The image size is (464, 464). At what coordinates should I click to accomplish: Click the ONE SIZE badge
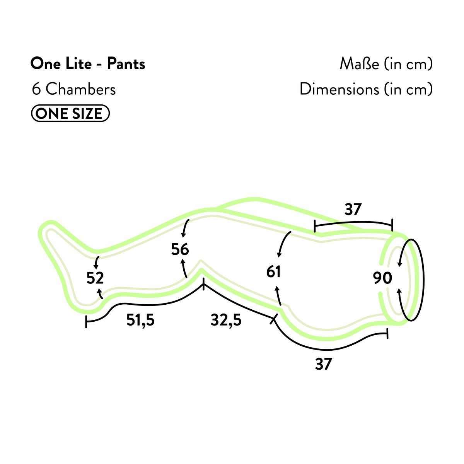70,113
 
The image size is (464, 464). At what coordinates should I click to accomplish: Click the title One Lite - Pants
88,64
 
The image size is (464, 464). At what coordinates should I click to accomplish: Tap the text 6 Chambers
74,89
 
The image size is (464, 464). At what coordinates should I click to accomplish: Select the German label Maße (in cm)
386,64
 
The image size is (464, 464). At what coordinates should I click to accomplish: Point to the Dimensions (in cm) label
366,89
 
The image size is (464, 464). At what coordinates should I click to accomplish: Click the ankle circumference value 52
95,278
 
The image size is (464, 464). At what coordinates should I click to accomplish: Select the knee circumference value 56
180,249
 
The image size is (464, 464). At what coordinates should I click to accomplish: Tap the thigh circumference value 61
273,271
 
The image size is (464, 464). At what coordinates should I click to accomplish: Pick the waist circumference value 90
382,278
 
